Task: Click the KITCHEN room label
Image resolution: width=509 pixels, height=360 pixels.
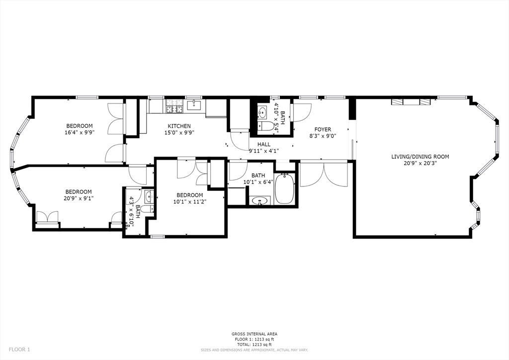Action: (179, 126)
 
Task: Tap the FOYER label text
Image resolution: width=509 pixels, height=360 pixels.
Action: (322, 129)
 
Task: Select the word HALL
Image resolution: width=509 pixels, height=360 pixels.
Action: (263, 144)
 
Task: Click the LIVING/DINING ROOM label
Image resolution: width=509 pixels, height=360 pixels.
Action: (420, 157)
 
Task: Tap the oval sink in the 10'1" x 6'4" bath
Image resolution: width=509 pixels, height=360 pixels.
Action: (259, 201)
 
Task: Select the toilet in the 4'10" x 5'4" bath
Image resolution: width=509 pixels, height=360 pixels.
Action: (268, 126)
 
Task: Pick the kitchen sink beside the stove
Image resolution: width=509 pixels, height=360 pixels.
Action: (194, 104)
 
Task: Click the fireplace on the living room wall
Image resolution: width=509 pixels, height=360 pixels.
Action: (410, 102)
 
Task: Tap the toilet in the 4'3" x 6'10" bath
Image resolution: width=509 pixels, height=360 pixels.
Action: (146, 209)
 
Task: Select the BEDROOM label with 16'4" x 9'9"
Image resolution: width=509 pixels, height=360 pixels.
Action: (80, 126)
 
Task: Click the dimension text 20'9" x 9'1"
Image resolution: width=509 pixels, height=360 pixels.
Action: (79, 198)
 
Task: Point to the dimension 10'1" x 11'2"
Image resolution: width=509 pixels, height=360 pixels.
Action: (189, 201)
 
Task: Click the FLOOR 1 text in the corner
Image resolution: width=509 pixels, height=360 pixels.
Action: (19, 350)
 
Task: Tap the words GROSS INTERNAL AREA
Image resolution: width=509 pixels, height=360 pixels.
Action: (254, 334)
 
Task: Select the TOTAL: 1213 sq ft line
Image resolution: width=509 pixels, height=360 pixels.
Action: (254, 344)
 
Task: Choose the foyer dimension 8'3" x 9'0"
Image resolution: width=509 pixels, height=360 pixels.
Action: (322, 136)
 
